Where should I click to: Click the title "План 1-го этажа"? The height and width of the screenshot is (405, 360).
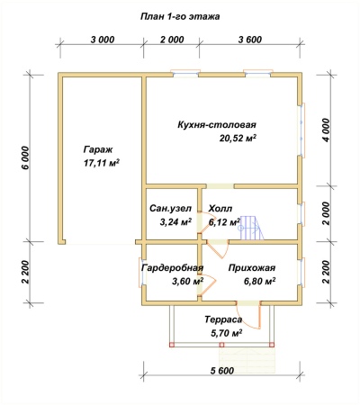(x=180, y=16)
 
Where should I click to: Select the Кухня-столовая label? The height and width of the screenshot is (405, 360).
(x=217, y=124)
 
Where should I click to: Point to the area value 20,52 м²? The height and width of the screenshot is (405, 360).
(x=238, y=138)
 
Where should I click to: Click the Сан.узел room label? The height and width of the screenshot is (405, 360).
(x=170, y=208)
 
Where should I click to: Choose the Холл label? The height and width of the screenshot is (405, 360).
(x=220, y=208)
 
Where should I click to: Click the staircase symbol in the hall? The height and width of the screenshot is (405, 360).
(x=251, y=228)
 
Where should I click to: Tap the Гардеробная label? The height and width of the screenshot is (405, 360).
(x=173, y=267)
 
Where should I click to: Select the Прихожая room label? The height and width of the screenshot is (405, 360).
(x=252, y=267)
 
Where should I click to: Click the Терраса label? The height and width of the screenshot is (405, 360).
(x=223, y=319)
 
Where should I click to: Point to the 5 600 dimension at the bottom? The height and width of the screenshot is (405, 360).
(x=222, y=371)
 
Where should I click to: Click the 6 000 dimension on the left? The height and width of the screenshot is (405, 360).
(x=26, y=157)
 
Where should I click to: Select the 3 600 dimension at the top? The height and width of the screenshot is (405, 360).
(x=250, y=40)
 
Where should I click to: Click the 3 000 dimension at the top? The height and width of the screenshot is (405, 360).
(x=103, y=40)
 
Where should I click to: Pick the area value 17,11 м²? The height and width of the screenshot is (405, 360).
(x=101, y=163)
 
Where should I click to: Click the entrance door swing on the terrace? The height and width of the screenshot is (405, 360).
(x=249, y=317)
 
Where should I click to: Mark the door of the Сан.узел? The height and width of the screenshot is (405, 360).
(x=204, y=222)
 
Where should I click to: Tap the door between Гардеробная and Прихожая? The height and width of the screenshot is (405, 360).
(x=207, y=283)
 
